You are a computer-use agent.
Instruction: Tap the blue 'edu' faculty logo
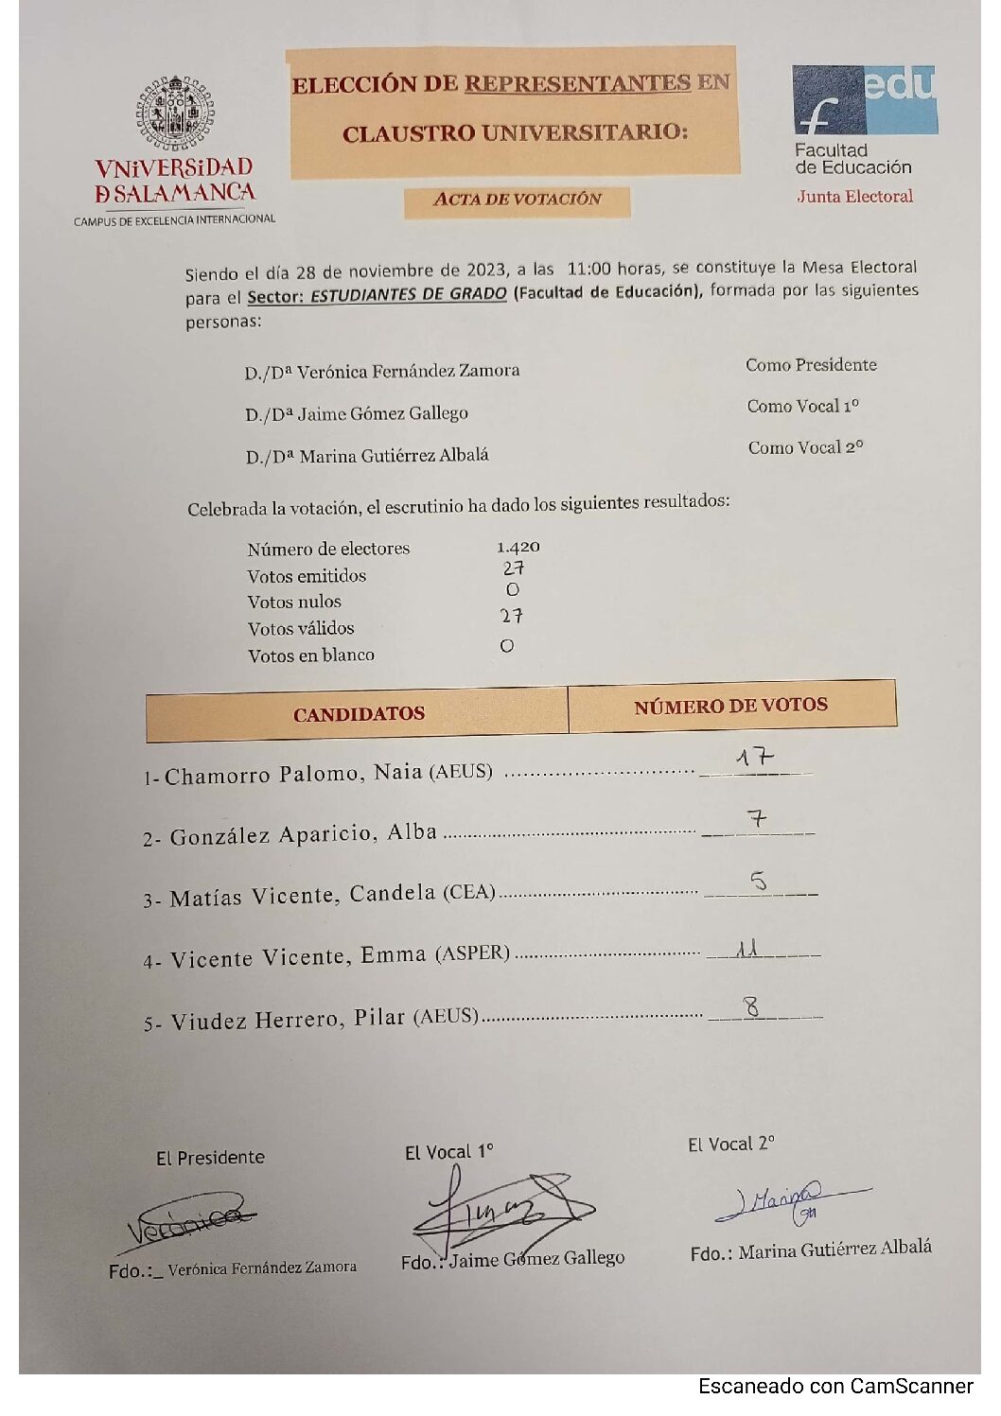pyautogui.click(x=864, y=99)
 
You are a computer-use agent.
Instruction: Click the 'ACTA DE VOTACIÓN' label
pyautogui.click(x=517, y=200)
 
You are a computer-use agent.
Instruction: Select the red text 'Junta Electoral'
pyautogui.click(x=854, y=197)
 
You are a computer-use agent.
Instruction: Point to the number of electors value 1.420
pyautogui.click(x=518, y=548)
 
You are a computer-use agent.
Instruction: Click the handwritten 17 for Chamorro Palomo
pyautogui.click(x=755, y=758)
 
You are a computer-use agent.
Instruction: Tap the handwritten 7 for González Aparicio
pyautogui.click(x=756, y=818)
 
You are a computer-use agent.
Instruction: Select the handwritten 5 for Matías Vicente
pyautogui.click(x=759, y=882)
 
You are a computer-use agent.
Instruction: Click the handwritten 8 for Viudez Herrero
pyautogui.click(x=751, y=1007)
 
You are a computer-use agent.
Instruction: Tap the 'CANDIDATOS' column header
pyautogui.click(x=359, y=714)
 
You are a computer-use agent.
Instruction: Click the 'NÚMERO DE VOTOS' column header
pyautogui.click(x=730, y=706)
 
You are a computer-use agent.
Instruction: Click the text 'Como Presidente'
pyautogui.click(x=811, y=365)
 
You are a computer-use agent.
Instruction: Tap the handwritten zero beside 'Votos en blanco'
pyautogui.click(x=507, y=646)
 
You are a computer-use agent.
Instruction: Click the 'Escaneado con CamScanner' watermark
pyautogui.click(x=835, y=1386)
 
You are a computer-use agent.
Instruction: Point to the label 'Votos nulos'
pyautogui.click(x=294, y=602)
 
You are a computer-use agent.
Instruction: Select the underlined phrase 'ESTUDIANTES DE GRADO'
pyautogui.click(x=408, y=294)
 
